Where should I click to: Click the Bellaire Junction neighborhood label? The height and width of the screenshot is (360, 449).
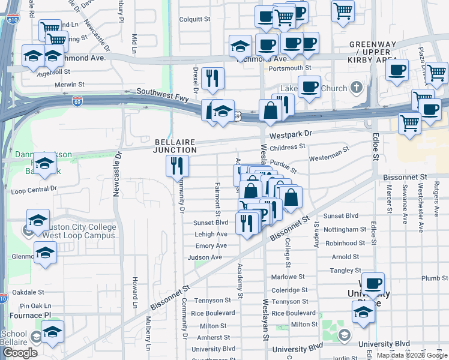coord(175,146)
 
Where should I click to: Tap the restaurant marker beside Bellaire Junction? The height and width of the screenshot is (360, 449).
coord(177,166)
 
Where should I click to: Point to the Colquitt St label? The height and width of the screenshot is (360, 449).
coord(195,19)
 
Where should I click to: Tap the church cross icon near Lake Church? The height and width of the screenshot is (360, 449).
coord(357,88)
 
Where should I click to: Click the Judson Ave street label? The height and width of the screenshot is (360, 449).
coord(205,257)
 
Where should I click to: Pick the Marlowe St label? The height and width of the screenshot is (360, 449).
coord(288,277)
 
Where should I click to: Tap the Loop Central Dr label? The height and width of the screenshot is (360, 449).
coord(34,190)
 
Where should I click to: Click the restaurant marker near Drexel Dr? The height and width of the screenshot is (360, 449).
coord(212,78)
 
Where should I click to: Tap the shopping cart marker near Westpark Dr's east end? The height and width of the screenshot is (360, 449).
coord(410,123)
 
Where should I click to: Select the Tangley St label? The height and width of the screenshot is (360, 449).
coord(346,271)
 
